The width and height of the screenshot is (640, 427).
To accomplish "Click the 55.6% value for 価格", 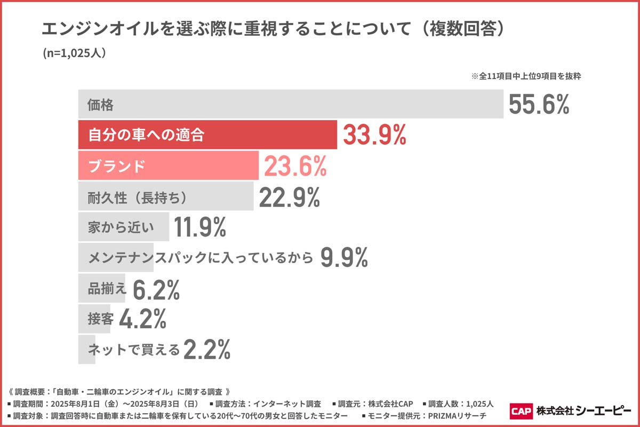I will pos(539,105).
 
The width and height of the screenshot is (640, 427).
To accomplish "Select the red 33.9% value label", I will pos(374,135).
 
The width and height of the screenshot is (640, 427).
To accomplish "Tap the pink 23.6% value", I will pos(295,167).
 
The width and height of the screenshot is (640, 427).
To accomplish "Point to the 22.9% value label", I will pos(290,197).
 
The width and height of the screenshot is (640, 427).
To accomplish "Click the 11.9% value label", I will pos(201,228).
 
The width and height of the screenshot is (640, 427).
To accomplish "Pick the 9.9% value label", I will pos(344,258).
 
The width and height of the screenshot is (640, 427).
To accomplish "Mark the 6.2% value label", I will pos(156,289).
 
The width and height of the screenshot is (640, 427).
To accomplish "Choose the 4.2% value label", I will pos(142,319).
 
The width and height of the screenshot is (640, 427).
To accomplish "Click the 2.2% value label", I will pos(207,350).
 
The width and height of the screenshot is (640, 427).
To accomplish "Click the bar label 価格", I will pos(101,105).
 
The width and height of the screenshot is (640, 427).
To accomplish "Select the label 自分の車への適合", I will pos(146,136).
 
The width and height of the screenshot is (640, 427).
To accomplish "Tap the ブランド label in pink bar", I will pos(116,167).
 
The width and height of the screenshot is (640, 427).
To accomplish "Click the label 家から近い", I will pos(121,228).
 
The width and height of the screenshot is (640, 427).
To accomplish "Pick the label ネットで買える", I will pos(134,350).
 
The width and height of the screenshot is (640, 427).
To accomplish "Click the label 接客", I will pos(100,320).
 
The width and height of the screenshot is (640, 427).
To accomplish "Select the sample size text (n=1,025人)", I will pos(74,54).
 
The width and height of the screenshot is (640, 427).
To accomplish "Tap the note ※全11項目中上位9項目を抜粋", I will pos(525,76).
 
